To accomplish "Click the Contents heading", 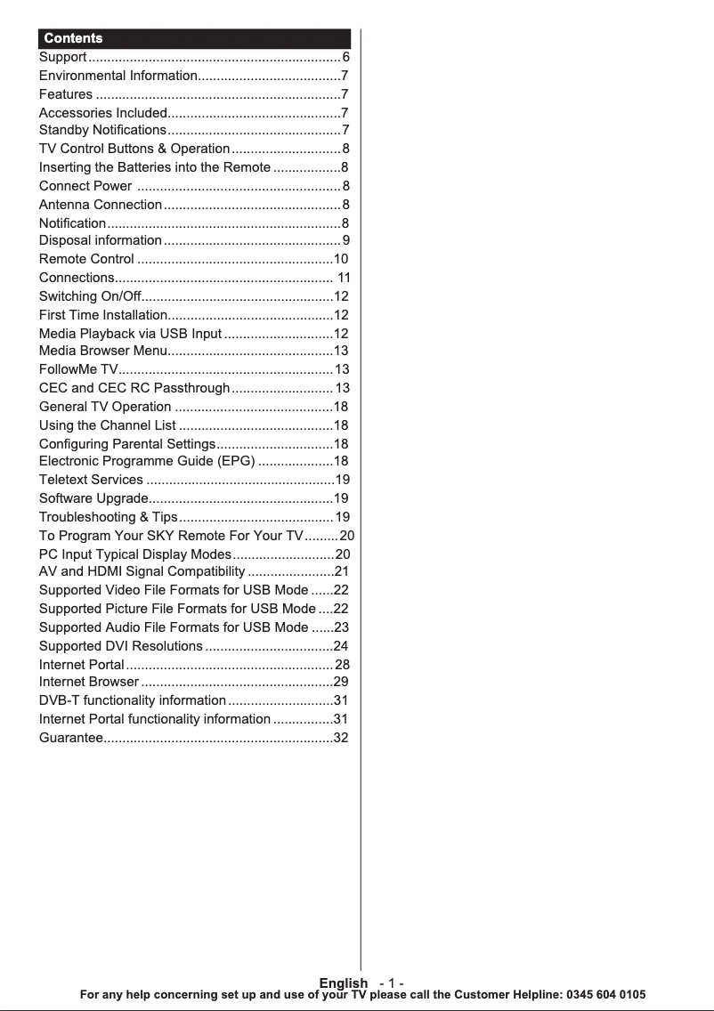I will tap(73, 38).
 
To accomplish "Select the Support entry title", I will tap(62, 58).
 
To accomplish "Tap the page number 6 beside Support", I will tap(345, 58).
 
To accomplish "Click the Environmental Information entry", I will tap(118, 76).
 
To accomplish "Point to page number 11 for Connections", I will tap(344, 278).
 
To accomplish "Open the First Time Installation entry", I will tap(102, 315).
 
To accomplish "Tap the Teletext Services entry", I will tap(91, 480).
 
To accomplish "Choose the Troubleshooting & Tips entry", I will tap(108, 517).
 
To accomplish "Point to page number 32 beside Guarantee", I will tap(340, 738).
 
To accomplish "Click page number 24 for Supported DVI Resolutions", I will tap(340, 645).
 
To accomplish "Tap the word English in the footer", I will tap(343, 983).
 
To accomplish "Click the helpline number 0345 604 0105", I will tap(605, 994).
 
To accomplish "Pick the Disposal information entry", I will tap(100, 240).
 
